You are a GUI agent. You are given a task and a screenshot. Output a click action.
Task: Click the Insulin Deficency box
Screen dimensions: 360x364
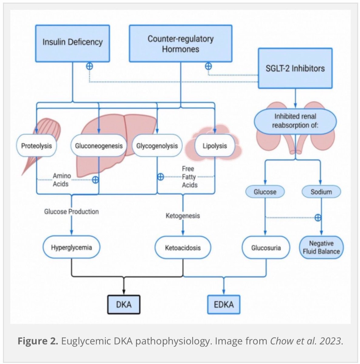coord(72,43)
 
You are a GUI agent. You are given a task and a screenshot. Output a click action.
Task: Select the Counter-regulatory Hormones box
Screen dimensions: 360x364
coord(180,43)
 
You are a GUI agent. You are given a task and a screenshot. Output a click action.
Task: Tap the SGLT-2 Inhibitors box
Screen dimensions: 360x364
coord(295,68)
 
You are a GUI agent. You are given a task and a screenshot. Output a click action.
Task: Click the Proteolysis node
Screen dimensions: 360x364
coord(36,146)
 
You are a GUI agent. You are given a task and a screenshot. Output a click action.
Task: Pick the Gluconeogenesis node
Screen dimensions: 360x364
coord(99,146)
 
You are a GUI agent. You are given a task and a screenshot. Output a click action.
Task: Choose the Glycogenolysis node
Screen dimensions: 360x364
coord(157,146)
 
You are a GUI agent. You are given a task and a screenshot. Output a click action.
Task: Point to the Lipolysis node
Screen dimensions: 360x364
coord(215,146)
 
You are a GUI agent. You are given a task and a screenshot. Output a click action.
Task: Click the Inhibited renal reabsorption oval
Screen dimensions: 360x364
coord(295,121)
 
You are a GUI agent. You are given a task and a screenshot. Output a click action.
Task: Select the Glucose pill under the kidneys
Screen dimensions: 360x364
coord(265,192)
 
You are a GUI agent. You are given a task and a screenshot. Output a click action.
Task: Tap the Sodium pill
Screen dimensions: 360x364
coord(321,192)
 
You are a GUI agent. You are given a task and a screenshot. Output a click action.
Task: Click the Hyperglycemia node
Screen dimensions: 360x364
coord(71,247)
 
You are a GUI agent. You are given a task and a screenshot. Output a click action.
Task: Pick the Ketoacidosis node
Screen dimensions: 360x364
coord(183,248)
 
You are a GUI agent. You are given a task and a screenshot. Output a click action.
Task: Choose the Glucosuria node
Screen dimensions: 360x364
coord(266,248)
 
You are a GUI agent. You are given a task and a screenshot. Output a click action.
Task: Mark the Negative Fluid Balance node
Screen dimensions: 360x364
coord(321,247)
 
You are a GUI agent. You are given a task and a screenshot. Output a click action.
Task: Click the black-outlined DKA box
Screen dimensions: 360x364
coord(124,305)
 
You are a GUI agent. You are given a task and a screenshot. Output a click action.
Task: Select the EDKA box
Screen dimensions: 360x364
coord(224,305)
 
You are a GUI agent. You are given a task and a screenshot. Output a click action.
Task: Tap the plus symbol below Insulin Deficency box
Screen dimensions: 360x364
coord(89,66)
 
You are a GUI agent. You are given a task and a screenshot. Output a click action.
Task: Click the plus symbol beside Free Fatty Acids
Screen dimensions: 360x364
coord(160,177)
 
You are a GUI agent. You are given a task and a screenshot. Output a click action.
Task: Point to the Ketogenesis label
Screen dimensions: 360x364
coord(183,216)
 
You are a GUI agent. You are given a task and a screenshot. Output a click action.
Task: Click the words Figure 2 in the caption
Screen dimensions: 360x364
coord(38,341)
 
